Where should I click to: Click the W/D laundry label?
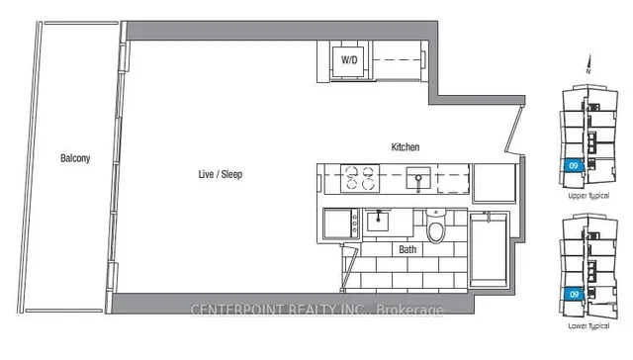(349, 60)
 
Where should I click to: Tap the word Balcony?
(76, 158)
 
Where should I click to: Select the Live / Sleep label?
(221, 174)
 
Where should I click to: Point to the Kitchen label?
(406, 147)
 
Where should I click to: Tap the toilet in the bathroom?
(434, 229)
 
